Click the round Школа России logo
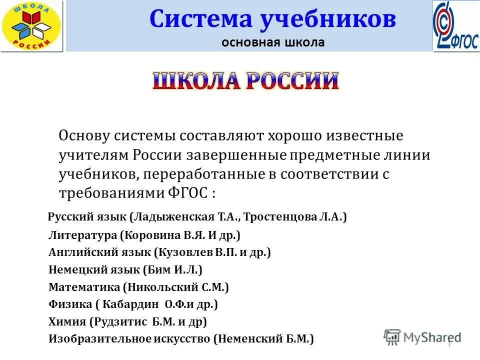(x=31, y=25)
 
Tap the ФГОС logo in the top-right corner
(x=456, y=26)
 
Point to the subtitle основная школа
(x=273, y=42)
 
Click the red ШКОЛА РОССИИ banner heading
(x=245, y=81)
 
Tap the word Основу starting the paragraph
(x=85, y=135)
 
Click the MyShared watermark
(x=422, y=337)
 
